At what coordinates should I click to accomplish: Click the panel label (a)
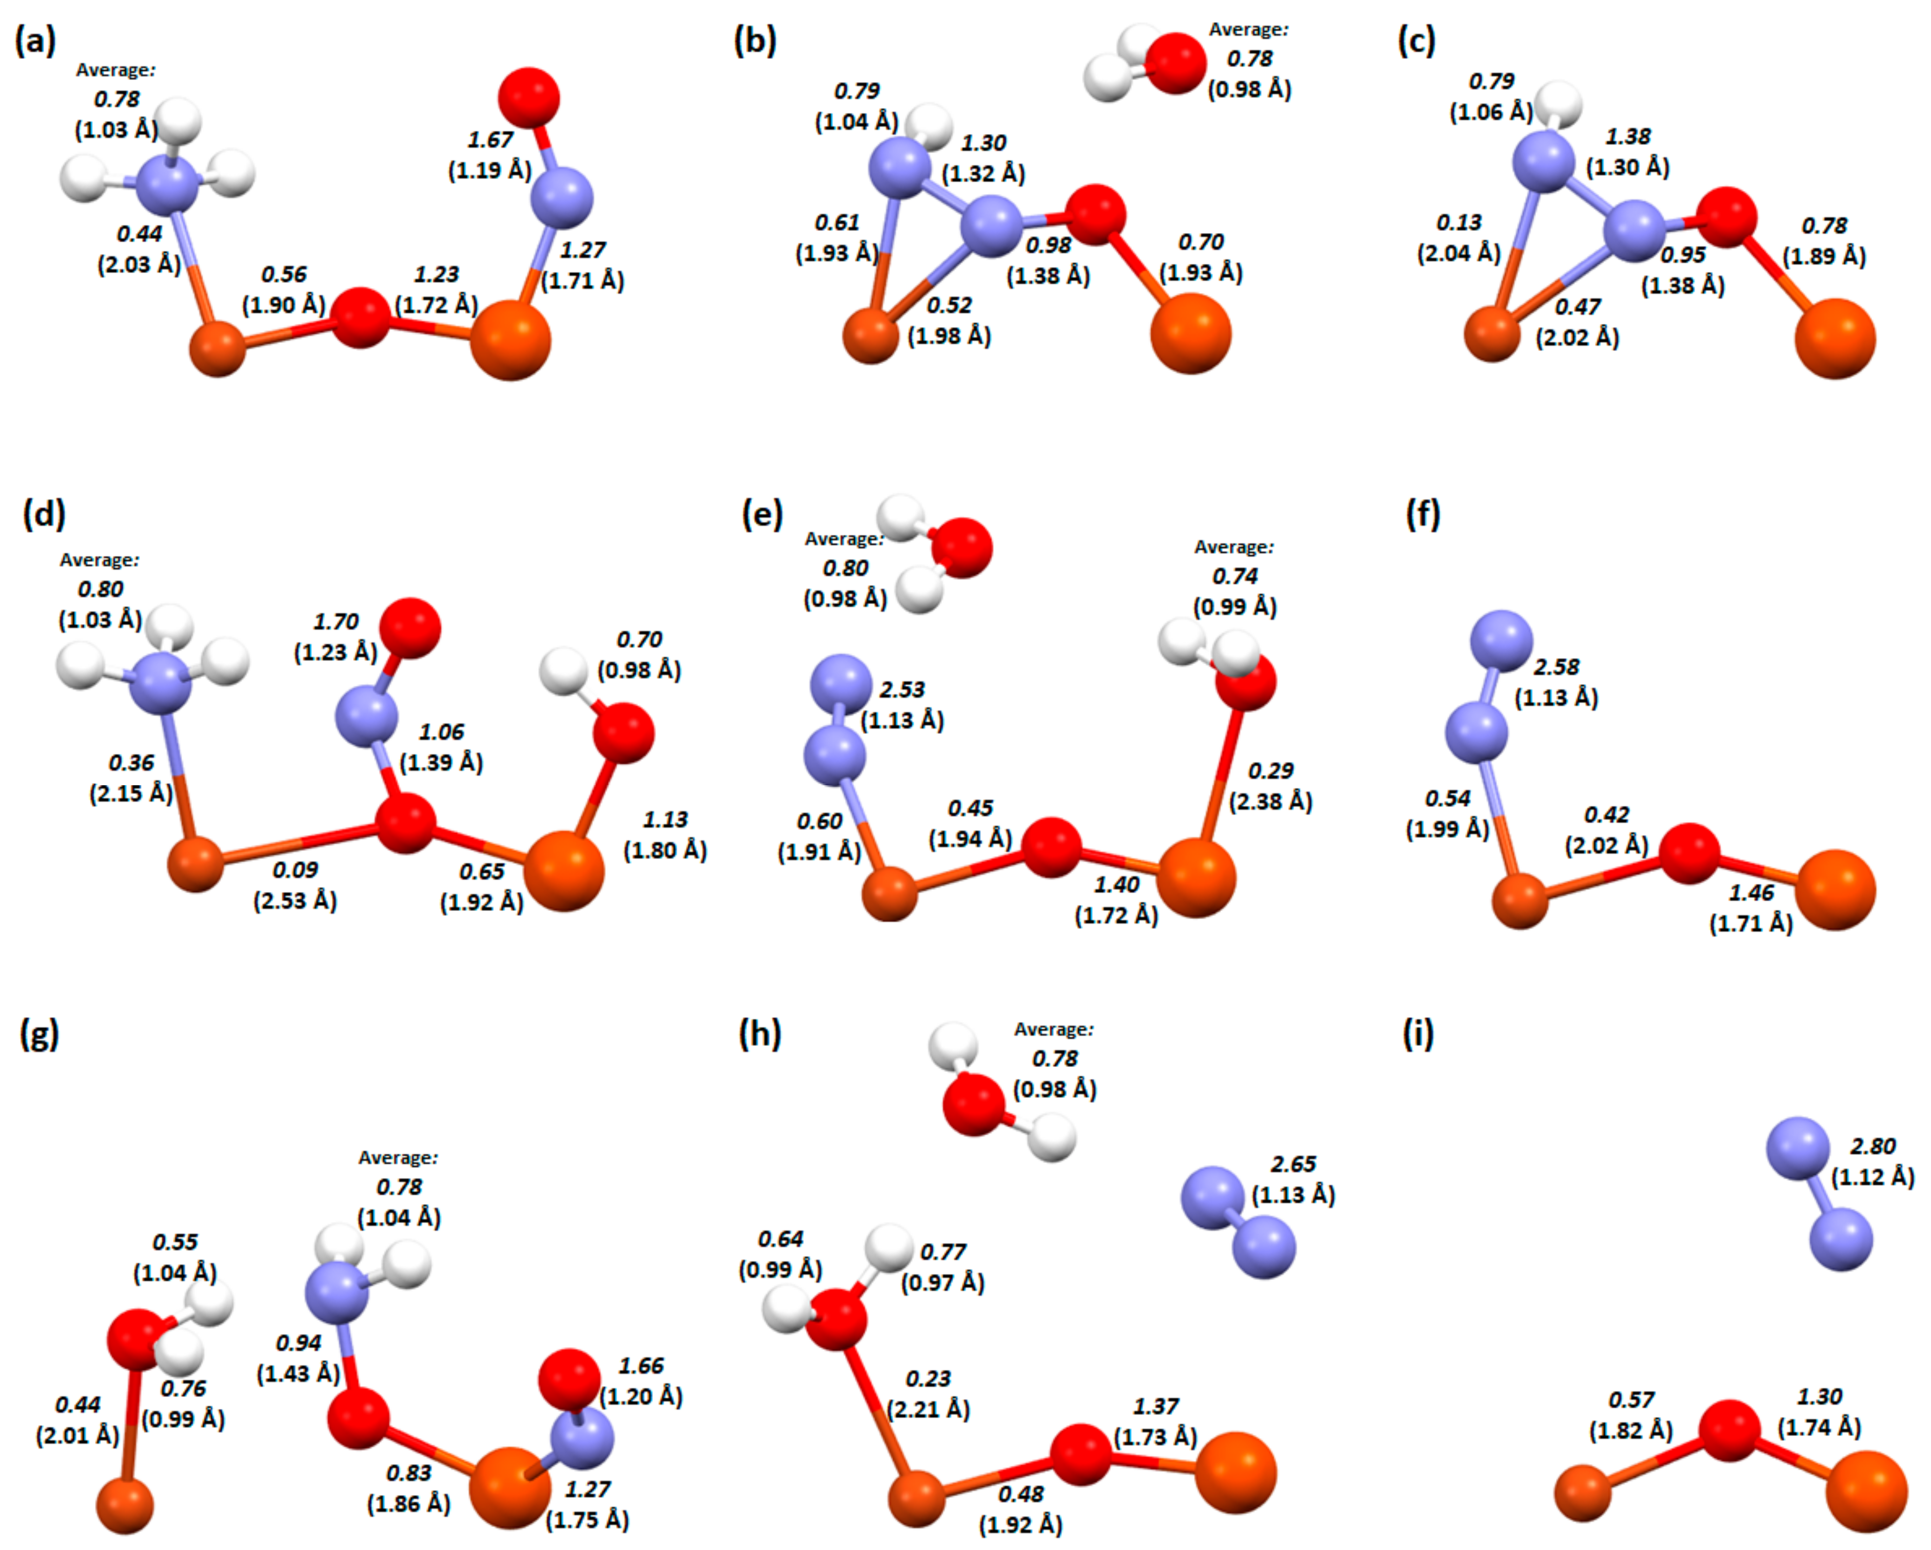[36, 41]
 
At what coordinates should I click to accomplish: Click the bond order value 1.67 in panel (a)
[490, 140]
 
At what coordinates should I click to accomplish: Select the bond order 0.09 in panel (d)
[295, 869]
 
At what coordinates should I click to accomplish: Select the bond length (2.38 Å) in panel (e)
[1270, 801]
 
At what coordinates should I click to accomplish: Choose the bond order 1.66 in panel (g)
[641, 1365]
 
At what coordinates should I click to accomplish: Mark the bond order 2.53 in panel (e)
[902, 689]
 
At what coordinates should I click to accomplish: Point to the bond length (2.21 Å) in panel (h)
[928, 1409]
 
